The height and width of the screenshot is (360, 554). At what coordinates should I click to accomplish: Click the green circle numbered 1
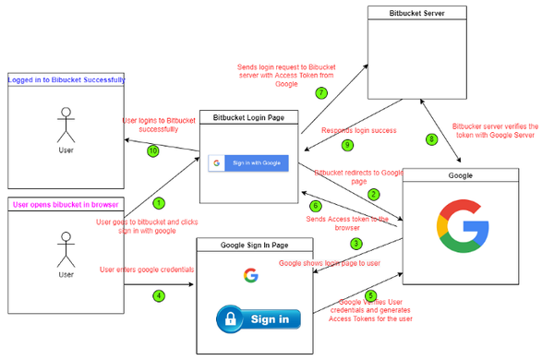pyautogui.click(x=158, y=201)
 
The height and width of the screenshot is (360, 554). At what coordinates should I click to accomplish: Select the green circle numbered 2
pyautogui.click(x=373, y=194)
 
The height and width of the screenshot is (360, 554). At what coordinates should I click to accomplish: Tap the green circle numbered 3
pyautogui.click(x=355, y=244)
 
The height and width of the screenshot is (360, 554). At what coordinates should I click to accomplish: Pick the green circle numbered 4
pyautogui.click(x=158, y=295)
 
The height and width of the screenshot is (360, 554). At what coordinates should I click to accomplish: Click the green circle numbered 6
pyautogui.click(x=315, y=206)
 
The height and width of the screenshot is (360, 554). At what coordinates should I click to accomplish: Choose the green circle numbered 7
pyautogui.click(x=321, y=92)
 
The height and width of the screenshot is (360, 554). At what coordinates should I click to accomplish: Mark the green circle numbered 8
pyautogui.click(x=430, y=140)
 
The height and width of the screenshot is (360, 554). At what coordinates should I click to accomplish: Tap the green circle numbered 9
pyautogui.click(x=347, y=145)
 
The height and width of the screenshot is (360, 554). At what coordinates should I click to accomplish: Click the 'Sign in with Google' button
pyautogui.click(x=248, y=162)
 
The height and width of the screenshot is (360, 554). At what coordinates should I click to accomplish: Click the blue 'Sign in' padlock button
pyautogui.click(x=259, y=319)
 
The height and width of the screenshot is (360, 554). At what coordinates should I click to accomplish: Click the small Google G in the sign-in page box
pyautogui.click(x=250, y=275)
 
